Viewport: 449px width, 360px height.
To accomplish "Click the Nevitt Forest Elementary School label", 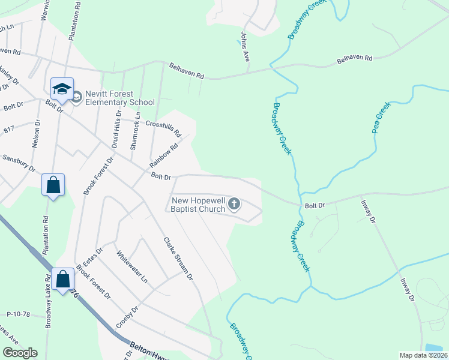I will [120, 98].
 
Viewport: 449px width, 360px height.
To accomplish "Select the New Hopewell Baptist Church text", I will [198, 205].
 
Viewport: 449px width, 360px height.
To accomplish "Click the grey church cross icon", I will [234, 205].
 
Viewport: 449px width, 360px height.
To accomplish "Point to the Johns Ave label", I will [246, 47].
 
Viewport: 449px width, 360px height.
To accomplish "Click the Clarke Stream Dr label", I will [178, 259].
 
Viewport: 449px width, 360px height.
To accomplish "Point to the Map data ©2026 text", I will [423, 355].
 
